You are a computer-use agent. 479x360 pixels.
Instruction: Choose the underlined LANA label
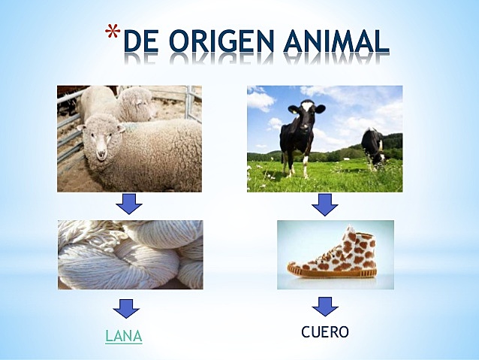click(123, 336)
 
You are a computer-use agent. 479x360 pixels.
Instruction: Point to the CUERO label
click(325, 331)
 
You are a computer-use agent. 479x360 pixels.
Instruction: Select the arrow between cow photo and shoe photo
click(325, 204)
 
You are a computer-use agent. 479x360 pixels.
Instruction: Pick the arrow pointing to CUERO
click(325, 307)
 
